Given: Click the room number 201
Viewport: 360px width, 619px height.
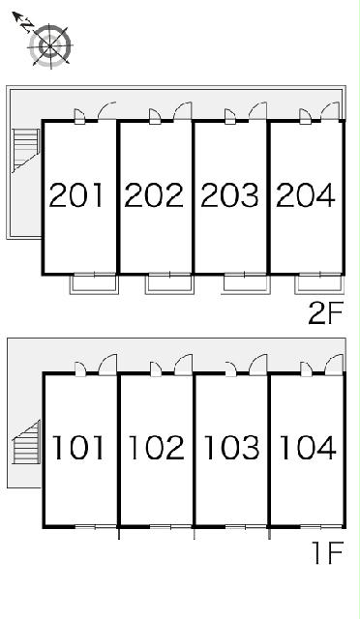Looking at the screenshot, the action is click(76, 195).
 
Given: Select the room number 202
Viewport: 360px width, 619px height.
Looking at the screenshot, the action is click(154, 195).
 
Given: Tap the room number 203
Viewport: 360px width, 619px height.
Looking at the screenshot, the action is click(229, 195).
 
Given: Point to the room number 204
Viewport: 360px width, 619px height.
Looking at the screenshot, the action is click(306, 195).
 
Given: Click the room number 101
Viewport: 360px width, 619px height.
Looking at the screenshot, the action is click(78, 447).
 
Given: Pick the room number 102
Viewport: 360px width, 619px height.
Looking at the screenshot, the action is click(157, 447).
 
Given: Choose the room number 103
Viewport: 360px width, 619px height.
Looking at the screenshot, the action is click(232, 447).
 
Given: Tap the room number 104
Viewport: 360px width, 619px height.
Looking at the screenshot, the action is click(308, 447).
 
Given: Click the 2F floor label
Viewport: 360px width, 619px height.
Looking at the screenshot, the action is click(324, 312).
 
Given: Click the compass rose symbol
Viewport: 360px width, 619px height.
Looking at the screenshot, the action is click(50, 45).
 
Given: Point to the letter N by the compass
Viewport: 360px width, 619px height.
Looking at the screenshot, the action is click(26, 26).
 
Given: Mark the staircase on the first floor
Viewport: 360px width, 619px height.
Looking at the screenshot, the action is click(27, 442).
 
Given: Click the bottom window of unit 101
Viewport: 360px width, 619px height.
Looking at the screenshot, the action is click(96, 526).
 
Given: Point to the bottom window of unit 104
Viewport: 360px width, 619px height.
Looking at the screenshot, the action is click(321, 526).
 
